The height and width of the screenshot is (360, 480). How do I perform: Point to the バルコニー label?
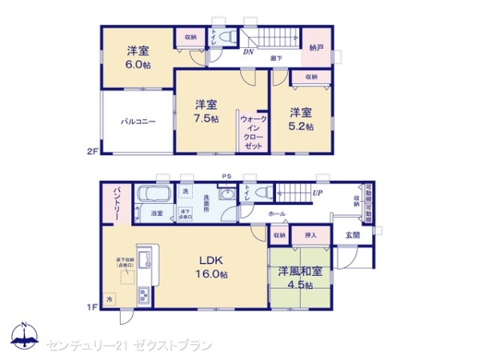(x=138, y=122)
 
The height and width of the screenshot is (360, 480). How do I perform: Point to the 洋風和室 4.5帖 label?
(x=301, y=278)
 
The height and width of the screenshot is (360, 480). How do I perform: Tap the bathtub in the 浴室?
(x=152, y=195)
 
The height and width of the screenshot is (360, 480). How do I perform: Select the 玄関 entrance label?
(x=352, y=234)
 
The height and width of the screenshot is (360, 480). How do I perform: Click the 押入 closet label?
(x=311, y=235)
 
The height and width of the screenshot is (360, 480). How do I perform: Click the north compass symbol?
(x=23, y=336)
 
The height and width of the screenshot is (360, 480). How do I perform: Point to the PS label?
(x=226, y=178)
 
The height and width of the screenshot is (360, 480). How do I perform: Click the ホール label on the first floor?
(x=277, y=214)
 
